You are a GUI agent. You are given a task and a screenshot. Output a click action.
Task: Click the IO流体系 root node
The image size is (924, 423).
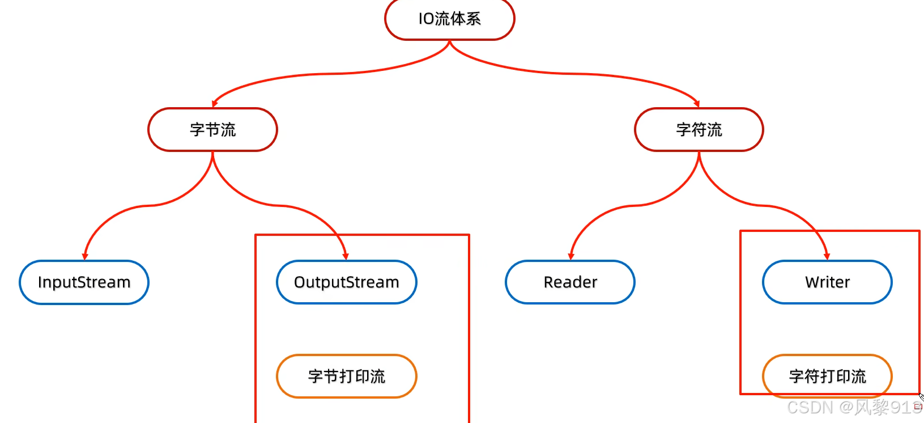449,19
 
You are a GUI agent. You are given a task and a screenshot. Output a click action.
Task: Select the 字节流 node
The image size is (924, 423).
212,130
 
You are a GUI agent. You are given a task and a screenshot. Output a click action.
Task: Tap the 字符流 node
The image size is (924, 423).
699,130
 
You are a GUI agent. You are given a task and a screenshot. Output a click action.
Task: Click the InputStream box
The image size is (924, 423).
84,282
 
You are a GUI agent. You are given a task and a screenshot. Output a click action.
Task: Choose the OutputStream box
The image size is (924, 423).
347,282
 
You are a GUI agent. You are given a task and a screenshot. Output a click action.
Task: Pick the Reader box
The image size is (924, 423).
570,282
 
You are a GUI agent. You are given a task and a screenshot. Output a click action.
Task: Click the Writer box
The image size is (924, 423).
827,282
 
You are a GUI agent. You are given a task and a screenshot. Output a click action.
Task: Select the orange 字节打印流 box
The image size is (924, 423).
347,377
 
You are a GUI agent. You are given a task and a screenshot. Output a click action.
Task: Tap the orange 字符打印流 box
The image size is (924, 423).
827,377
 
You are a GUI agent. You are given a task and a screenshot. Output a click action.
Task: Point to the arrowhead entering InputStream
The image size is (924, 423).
85,256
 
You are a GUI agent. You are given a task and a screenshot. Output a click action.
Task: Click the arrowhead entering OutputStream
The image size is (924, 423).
346,256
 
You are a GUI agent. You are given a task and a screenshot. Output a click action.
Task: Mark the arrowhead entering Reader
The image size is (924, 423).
571,256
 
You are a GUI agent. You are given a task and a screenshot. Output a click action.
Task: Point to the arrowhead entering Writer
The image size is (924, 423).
827,256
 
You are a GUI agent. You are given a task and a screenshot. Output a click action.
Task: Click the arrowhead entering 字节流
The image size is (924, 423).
215,104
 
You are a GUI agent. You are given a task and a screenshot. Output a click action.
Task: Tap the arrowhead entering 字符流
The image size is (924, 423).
697,104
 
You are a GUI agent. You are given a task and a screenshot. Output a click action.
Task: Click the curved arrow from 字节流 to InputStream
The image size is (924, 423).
148,206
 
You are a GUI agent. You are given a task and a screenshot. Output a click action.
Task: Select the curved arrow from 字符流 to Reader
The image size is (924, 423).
635,206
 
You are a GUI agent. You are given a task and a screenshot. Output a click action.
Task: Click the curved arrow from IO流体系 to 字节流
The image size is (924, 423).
329,74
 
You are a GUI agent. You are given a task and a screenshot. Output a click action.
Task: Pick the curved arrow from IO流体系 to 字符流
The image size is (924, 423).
572,74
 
